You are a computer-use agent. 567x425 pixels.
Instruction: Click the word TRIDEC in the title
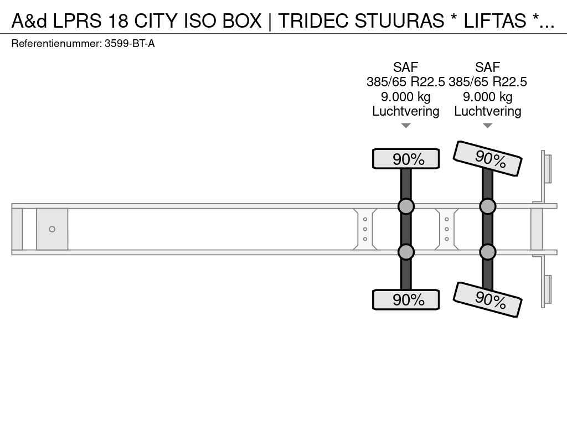point(313,20)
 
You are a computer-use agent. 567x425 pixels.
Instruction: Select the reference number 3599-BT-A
point(130,44)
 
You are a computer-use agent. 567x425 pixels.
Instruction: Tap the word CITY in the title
point(157,20)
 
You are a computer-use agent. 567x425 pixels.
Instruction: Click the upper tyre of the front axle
point(406,159)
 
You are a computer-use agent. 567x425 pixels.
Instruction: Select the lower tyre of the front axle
point(406,299)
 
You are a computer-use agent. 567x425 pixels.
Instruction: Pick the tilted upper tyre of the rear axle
point(487,158)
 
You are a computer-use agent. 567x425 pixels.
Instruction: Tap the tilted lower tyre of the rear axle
point(487,299)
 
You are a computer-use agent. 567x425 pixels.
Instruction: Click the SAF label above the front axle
point(406,67)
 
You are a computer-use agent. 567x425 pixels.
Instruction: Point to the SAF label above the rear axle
point(487,67)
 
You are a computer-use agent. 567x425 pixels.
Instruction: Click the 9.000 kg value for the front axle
point(406,97)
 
